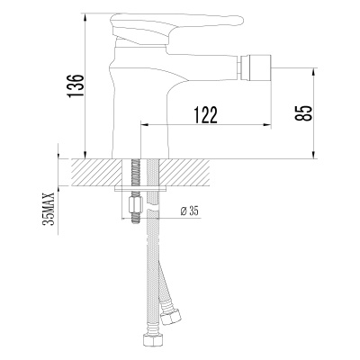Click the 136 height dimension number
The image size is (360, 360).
tap(78, 86)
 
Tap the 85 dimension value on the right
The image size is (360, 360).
tap(306, 112)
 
